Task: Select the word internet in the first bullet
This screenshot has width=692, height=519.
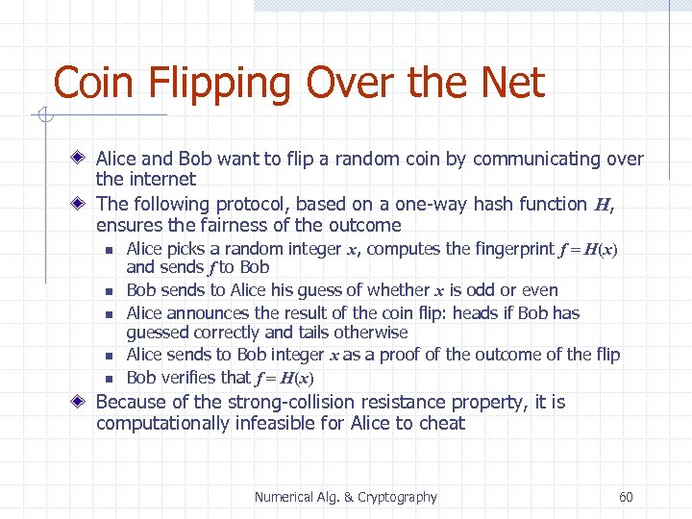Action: pos(161,180)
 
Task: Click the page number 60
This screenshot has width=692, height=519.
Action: pos(626,497)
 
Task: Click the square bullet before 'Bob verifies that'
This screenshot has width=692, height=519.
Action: pos(110,378)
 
